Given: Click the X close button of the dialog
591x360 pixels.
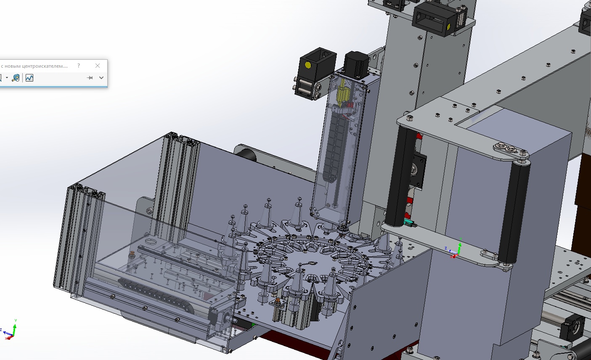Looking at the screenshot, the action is tap(97, 66).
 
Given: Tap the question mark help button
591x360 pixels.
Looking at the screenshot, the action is tap(79, 66).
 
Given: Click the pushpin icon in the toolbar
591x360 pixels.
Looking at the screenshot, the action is tap(90, 78).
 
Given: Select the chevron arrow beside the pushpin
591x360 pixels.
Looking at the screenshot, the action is tap(101, 78).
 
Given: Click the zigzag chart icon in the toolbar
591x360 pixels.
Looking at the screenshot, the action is tap(29, 78).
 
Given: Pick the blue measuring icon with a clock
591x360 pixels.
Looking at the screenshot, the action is tap(16, 78).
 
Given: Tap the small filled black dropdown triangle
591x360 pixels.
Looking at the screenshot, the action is tap(7, 78).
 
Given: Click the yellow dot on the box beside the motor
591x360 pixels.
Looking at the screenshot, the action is tap(307, 65).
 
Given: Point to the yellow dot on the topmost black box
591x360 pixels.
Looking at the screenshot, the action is tap(448, 26).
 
